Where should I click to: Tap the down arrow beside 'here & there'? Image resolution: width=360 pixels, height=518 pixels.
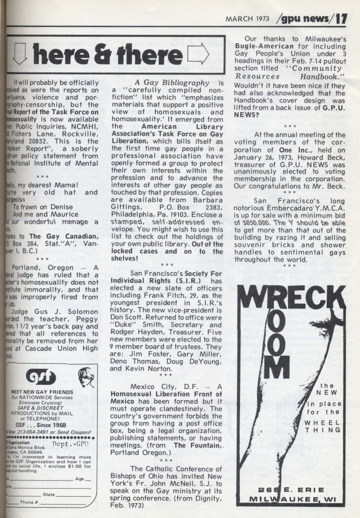click(x=20, y=55)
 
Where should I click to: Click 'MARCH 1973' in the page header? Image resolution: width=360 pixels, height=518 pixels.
click(x=247, y=20)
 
